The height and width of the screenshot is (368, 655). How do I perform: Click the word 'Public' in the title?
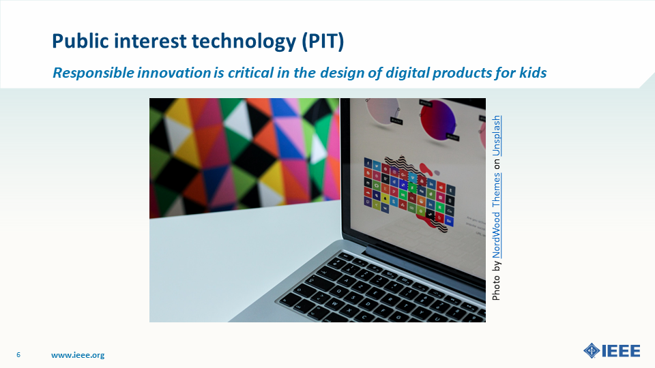[x=79, y=42]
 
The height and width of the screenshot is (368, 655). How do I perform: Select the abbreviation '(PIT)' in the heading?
[x=323, y=42]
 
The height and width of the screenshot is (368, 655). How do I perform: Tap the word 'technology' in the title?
[x=244, y=42]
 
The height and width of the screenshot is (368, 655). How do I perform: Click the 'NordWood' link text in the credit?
[x=496, y=235]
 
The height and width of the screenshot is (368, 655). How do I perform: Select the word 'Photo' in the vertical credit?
[x=496, y=288]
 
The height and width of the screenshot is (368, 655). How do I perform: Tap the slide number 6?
[x=18, y=354]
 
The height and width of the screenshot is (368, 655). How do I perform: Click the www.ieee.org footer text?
[x=78, y=355]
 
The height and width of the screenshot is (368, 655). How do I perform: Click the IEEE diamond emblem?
[x=592, y=350]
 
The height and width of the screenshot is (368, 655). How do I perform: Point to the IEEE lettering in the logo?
[x=621, y=351]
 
